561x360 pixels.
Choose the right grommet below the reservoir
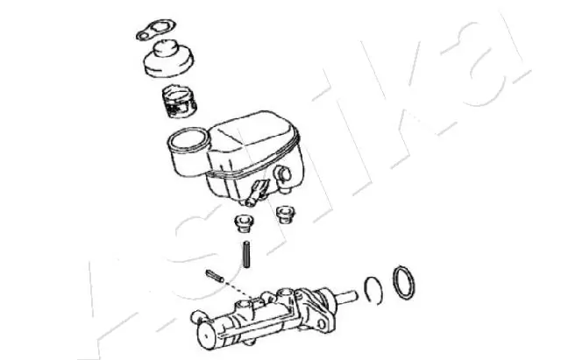tap(284, 213)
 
